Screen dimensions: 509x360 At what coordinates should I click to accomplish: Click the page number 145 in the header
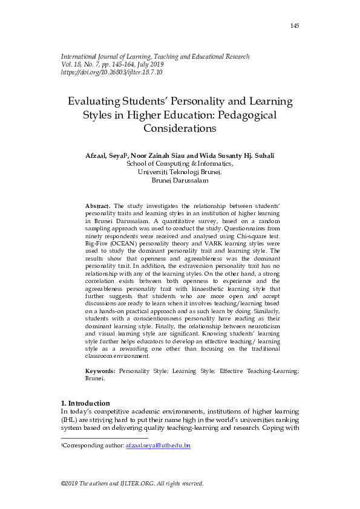tap(295, 25)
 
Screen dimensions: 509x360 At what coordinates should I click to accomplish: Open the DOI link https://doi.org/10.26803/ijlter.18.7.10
tap(112, 72)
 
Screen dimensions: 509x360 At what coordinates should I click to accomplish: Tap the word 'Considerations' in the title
tap(180, 128)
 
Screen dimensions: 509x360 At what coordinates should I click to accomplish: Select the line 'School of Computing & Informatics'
tap(180, 163)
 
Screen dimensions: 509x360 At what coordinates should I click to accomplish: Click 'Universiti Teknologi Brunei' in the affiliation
tap(179, 172)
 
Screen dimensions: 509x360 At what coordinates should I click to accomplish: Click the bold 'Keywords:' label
tap(100, 370)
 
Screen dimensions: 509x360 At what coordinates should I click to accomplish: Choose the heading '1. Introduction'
tap(86, 403)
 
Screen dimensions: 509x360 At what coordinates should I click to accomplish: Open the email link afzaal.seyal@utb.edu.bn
tap(158, 446)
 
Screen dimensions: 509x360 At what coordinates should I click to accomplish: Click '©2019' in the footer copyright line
tap(71, 484)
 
